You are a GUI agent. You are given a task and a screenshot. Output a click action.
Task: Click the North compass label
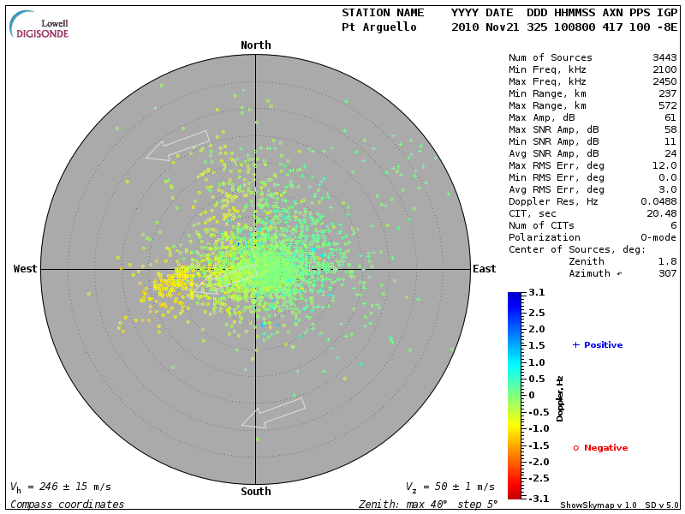pos(255,45)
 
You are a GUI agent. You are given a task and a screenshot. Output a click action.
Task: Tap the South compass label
pos(255,492)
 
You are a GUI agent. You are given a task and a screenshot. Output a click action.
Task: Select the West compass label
pos(26,269)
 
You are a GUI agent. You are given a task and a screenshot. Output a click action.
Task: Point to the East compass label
pos(485,269)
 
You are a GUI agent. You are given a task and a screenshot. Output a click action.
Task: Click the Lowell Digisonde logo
pos(41,25)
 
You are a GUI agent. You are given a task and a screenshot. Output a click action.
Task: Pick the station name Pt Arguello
pos(379,27)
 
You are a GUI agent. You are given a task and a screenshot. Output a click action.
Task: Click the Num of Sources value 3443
pos(664,58)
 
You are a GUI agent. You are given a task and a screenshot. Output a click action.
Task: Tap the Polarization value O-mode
pos(654,237)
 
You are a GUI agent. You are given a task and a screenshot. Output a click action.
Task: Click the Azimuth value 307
pos(667,273)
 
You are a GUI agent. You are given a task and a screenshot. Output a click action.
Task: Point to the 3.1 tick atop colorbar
pos(536,293)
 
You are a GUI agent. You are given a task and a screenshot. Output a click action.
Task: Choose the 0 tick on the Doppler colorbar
pos(531,395)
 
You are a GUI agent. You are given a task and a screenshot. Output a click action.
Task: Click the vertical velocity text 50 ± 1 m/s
pos(450,487)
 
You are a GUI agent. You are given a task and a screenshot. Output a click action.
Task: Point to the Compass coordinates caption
pos(67,504)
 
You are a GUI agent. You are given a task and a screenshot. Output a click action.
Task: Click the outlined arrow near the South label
pos(273,413)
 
